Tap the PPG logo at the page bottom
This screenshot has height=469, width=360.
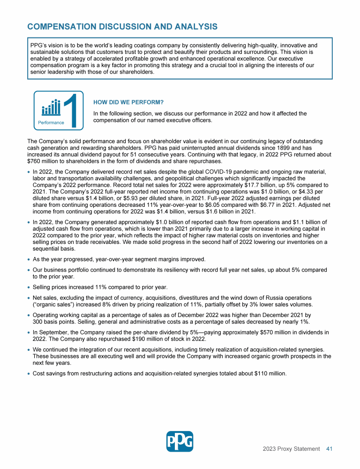[x=180, y=441]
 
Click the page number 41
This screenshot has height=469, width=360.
[x=329, y=449]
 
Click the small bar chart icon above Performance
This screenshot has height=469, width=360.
[x=51, y=107]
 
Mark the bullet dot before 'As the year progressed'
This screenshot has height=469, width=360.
[x=29, y=260]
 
